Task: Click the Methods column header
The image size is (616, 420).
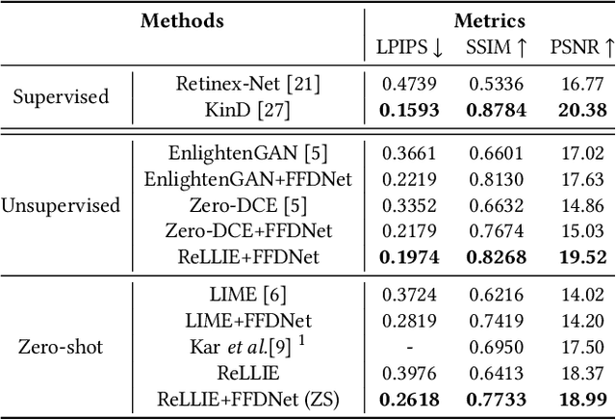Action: point(182,20)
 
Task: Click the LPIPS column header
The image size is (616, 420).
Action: point(408,46)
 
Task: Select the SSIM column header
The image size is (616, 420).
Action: point(496,46)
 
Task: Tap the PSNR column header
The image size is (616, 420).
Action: point(581,46)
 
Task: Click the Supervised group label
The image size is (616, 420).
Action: point(61,96)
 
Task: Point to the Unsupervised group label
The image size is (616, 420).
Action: point(61,205)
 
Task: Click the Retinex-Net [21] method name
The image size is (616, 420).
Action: point(248,84)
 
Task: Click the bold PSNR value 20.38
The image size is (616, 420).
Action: point(582,110)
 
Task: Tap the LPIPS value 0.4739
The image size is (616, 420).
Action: point(408,84)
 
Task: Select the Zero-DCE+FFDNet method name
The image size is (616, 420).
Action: point(248,231)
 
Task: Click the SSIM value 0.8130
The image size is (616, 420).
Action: point(496,179)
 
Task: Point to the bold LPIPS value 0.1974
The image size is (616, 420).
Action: point(408,257)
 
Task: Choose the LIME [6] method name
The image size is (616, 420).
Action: point(248,294)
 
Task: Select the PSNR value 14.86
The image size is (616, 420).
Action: point(582,205)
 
